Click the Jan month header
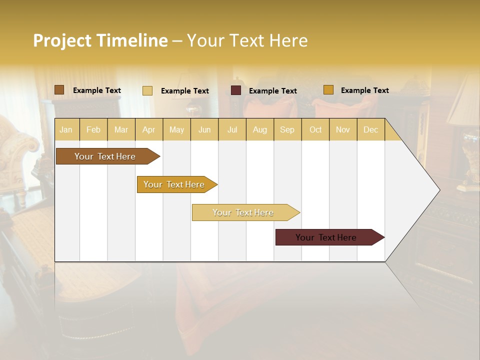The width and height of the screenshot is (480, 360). coord(66,129)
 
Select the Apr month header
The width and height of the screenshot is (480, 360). coord(148,129)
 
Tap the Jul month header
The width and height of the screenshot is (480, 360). coord(232,129)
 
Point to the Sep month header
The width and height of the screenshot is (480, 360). coord(287,129)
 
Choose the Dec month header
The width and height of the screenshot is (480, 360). coord(370,129)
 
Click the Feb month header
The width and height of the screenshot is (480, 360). coord(93,129)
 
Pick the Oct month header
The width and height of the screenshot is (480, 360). coord(315,129)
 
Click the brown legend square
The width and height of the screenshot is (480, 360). coord(59,90)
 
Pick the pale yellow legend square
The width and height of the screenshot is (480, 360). coord(147,90)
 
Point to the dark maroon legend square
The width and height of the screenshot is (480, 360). coord(236,90)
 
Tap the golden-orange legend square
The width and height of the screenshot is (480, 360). coord(328,90)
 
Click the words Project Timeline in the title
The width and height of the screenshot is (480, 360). coord(100,40)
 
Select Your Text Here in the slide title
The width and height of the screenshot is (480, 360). coord(247,40)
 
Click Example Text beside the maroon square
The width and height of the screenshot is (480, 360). coord(272,91)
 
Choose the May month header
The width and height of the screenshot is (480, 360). coord(176,129)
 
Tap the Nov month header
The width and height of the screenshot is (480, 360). coord(343,129)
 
